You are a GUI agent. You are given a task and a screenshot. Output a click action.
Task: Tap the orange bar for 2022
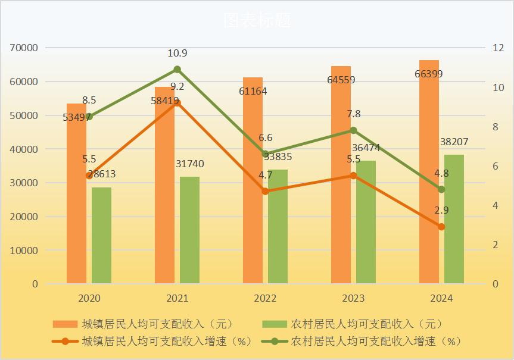[253, 238]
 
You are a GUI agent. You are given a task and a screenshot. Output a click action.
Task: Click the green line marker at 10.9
[177, 69]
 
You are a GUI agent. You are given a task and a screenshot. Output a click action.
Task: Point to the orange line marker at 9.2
[177, 102]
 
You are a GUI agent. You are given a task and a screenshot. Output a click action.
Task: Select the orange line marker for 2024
[441, 227]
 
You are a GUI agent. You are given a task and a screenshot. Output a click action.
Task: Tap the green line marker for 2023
[353, 130]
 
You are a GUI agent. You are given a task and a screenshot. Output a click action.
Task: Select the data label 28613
[101, 174]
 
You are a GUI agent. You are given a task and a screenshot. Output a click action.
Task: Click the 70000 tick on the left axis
[24, 48]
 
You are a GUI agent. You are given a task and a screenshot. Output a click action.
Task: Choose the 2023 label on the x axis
[353, 298]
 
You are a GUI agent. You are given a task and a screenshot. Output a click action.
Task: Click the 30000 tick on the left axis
[24, 183]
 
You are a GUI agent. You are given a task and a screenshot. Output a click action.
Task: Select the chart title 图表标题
[257, 20]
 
